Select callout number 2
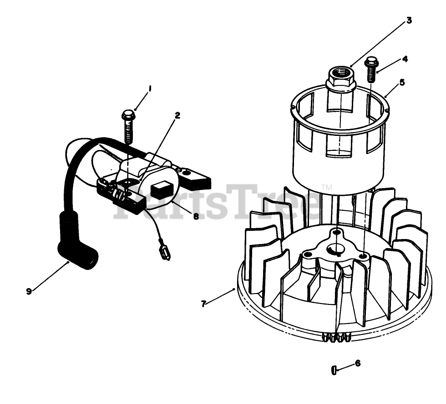point(177,115)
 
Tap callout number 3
point(409,20)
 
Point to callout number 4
point(404,59)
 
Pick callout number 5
point(401,82)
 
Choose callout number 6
point(358,363)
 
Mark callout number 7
point(203,303)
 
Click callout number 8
point(196,217)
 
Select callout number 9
point(29,291)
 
